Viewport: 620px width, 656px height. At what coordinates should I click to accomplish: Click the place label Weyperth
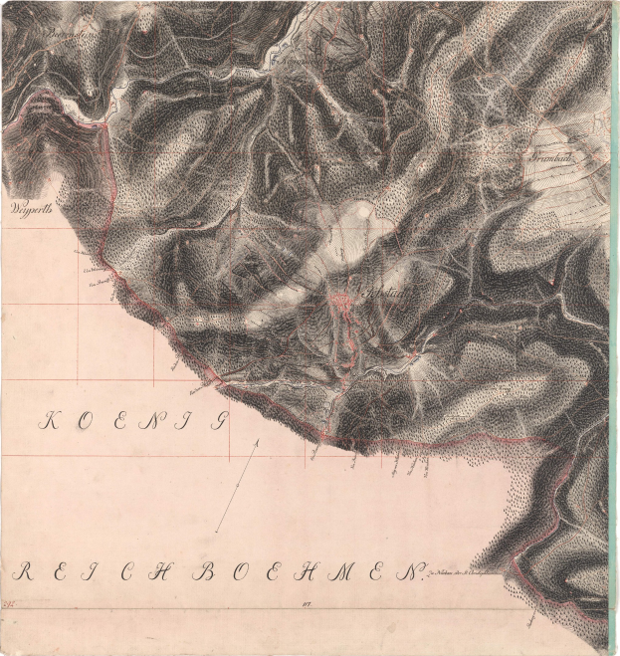coord(29,210)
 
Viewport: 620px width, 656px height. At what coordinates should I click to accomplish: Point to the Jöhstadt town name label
coord(381,294)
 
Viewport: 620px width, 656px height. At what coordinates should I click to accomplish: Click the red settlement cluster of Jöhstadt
coord(342,299)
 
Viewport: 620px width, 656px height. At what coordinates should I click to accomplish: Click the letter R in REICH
coord(24,572)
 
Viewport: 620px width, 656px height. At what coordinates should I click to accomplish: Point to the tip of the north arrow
coord(258,438)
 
